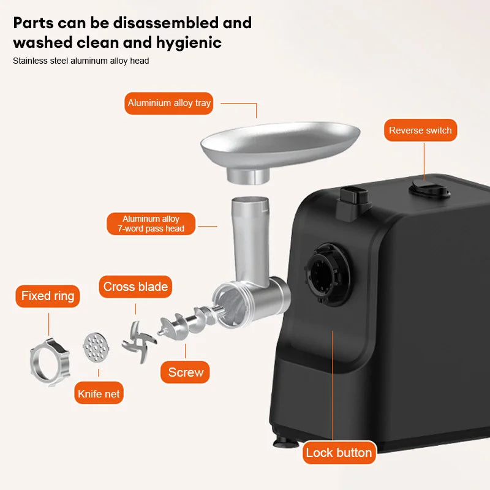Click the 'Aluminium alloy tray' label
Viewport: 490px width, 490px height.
point(169,103)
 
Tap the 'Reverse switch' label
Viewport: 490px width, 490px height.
point(420,130)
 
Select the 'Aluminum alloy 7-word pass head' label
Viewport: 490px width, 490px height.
point(151,224)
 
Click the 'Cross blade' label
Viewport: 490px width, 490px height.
point(135,287)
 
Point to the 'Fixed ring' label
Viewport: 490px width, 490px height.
point(48,296)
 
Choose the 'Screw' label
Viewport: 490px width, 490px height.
point(185,372)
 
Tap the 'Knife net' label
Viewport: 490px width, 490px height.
point(99,393)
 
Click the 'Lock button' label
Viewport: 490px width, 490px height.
point(339,453)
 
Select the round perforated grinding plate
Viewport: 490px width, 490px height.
point(96,347)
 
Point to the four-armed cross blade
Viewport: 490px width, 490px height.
point(138,342)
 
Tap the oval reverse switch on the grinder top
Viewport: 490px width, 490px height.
point(430,189)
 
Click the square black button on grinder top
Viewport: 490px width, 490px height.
point(353,201)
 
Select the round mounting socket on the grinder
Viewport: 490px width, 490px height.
point(328,274)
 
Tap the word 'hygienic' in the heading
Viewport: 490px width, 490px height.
point(189,43)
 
